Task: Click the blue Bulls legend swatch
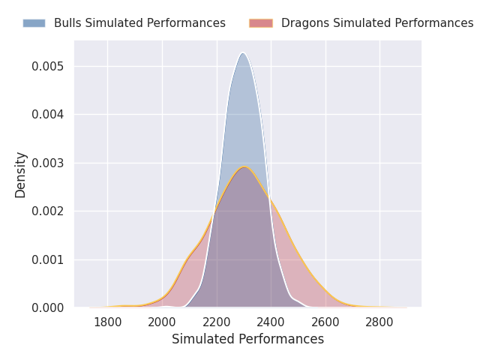(x=34, y=23)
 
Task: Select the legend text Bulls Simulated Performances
(x=139, y=23)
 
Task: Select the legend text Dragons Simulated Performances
(x=377, y=23)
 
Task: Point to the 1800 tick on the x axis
(x=108, y=322)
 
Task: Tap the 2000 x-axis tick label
(x=162, y=322)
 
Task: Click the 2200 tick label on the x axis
(x=217, y=322)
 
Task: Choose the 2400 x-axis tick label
(x=271, y=322)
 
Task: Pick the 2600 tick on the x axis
(x=325, y=322)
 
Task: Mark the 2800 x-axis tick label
(x=379, y=322)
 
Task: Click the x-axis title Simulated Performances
(x=247, y=340)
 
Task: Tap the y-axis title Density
(x=21, y=175)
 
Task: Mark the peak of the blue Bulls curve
(x=242, y=52)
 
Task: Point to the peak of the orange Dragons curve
(x=244, y=166)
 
